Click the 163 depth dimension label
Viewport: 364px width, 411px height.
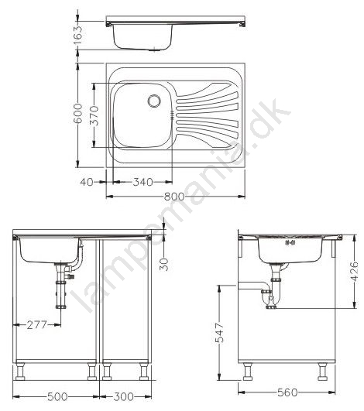click(x=77, y=35)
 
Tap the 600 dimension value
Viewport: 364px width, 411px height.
click(x=77, y=113)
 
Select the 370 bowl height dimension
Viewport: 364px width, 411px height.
click(x=94, y=115)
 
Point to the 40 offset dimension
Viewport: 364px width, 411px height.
click(x=87, y=182)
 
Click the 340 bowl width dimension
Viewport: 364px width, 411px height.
click(x=143, y=182)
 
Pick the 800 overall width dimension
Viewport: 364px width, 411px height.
click(x=174, y=196)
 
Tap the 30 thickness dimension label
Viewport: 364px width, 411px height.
click(x=164, y=264)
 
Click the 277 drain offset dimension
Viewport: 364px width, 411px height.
click(x=36, y=325)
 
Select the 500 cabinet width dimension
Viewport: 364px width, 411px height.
click(x=57, y=396)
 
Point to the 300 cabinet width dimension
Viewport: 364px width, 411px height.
click(x=123, y=396)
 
